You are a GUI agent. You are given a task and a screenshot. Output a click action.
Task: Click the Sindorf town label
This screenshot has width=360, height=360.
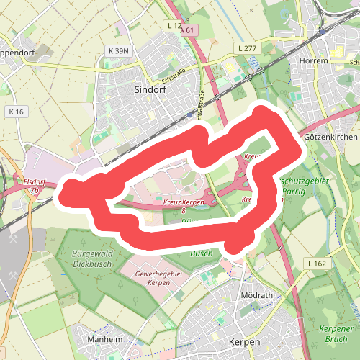150,89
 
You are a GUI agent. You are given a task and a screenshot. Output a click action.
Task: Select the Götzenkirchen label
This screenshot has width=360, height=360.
330,137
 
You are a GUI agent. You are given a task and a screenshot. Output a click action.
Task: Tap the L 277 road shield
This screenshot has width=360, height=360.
247,48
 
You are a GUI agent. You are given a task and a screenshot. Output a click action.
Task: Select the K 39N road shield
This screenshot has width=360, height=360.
117,51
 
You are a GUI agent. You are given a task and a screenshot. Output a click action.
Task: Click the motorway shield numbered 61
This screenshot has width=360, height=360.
189,30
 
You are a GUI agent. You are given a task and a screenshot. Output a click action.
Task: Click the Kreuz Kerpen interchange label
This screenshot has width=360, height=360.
184,204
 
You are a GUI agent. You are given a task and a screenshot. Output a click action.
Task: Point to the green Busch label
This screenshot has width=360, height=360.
202,254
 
